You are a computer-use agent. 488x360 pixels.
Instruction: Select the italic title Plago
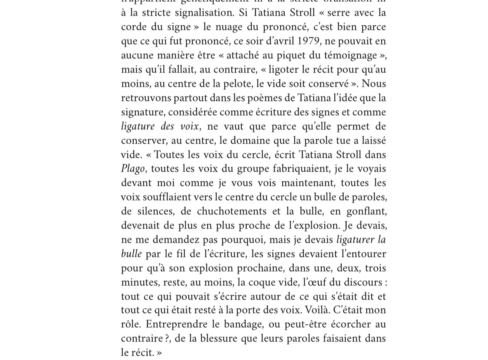[133, 169]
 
